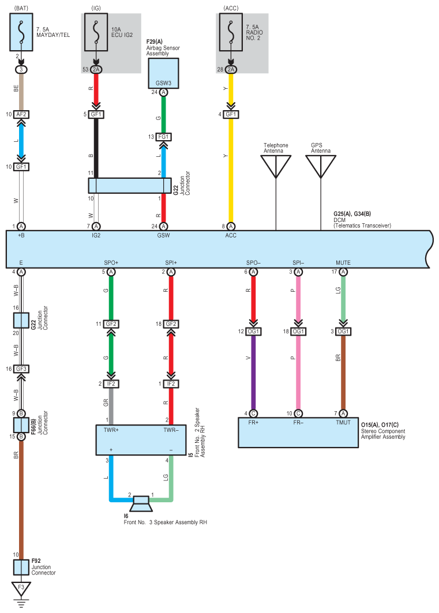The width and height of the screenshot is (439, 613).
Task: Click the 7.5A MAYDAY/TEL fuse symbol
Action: (x=21, y=32)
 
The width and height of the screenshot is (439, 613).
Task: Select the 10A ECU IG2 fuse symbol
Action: (x=96, y=32)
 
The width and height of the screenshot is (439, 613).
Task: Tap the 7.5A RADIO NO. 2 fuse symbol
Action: (x=231, y=32)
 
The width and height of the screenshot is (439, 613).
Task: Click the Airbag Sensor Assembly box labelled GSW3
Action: (x=163, y=73)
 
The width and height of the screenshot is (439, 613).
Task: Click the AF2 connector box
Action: (x=21, y=114)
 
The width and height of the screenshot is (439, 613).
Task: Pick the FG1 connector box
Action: (x=163, y=137)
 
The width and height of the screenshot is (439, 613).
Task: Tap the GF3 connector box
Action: (x=21, y=368)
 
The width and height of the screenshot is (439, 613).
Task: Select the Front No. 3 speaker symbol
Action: (x=141, y=503)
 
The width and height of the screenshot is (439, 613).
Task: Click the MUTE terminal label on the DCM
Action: (x=343, y=263)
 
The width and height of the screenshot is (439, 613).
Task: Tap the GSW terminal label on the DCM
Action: (x=163, y=235)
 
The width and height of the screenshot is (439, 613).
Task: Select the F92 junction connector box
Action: (x=21, y=567)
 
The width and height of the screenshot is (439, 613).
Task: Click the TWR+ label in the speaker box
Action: (x=111, y=430)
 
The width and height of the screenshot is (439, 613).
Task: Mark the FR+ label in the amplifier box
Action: (x=253, y=423)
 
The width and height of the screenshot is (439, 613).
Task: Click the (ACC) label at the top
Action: (x=231, y=8)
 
